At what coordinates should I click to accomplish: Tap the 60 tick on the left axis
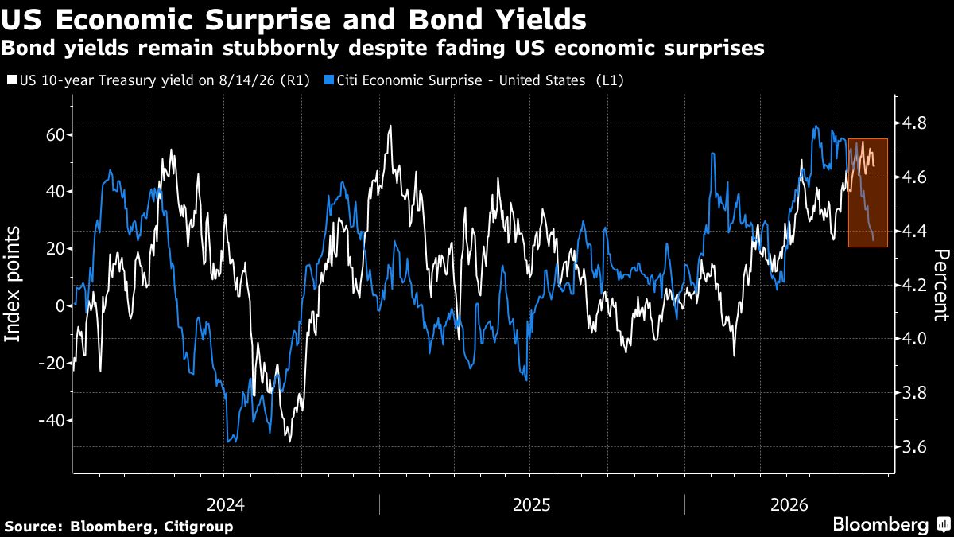(x=55, y=135)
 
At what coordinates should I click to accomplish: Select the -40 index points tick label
(x=52, y=421)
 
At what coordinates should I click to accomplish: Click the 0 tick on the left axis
(x=60, y=306)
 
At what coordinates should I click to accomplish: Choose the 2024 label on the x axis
(x=225, y=505)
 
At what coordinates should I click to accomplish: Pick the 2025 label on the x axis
(x=531, y=505)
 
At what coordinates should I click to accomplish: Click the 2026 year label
(x=789, y=505)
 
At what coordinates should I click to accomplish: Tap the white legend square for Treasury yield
(x=13, y=80)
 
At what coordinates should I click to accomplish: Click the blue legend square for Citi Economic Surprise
(x=328, y=80)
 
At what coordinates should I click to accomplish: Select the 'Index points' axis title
(x=13, y=284)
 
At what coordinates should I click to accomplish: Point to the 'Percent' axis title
(x=941, y=285)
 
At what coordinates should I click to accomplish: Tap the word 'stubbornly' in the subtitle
(x=280, y=49)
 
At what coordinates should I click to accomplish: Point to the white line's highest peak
(x=390, y=126)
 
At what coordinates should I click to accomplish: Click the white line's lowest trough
(x=290, y=441)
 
